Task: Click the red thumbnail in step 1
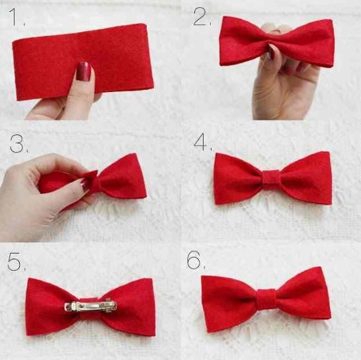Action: [84, 71]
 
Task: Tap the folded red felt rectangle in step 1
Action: [83, 62]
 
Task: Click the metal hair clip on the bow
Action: [91, 306]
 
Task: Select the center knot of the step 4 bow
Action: [271, 179]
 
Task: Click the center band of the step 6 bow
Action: [266, 299]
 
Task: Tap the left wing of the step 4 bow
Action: [238, 179]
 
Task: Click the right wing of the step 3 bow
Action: [122, 178]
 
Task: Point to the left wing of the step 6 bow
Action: [229, 303]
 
